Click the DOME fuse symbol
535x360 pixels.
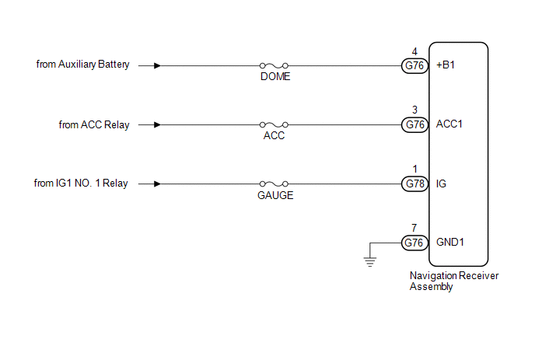click(x=274, y=66)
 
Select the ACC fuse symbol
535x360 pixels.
click(x=274, y=124)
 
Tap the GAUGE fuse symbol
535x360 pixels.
click(x=274, y=184)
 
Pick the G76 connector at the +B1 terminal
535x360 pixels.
click(x=414, y=66)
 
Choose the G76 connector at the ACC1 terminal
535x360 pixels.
click(x=414, y=124)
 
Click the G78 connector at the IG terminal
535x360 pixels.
click(x=414, y=184)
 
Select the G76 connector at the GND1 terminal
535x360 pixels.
click(x=414, y=243)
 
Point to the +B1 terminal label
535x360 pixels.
click(x=446, y=66)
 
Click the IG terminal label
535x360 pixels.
click(x=442, y=184)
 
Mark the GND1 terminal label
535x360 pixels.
click(x=451, y=243)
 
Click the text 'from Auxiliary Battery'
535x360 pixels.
click(x=82, y=65)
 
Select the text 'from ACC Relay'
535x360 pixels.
click(x=94, y=124)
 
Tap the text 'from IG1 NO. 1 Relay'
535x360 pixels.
click(x=81, y=183)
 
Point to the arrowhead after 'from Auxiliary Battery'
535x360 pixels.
click(x=158, y=66)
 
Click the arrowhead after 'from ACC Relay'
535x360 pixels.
click(x=158, y=124)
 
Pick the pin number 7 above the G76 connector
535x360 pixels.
click(x=414, y=229)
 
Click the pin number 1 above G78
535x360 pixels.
click(x=414, y=170)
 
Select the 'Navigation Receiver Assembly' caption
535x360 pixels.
click(x=454, y=281)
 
